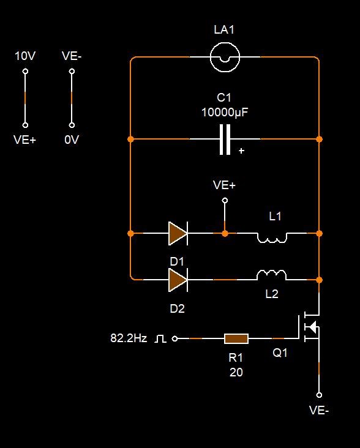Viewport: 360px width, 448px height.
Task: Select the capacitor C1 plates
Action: coord(225,140)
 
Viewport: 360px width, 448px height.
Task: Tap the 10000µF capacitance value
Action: coord(225,112)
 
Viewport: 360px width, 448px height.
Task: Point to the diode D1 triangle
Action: coord(178,233)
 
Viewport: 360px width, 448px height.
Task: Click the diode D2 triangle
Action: coord(178,280)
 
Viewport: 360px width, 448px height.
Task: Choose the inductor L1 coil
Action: coord(272,237)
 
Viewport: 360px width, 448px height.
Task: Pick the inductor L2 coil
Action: coord(272,275)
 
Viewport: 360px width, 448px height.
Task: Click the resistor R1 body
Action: coord(236,338)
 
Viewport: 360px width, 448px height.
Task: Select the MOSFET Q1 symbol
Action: coord(309,327)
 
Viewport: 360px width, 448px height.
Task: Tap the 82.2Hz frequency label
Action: coord(129,338)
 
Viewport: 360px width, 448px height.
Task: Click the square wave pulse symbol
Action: coord(160,339)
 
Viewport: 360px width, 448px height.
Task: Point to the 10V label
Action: coord(25,56)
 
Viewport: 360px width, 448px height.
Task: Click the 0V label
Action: coord(72,140)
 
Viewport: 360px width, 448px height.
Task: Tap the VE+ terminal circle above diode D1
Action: coord(225,200)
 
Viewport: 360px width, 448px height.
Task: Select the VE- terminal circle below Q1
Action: coord(319,395)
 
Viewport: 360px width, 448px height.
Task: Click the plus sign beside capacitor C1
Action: coord(241,151)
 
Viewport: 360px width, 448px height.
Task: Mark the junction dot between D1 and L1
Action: coord(225,233)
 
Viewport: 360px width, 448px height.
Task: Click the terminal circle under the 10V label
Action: coord(25,71)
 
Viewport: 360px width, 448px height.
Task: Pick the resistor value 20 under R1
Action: coord(236,372)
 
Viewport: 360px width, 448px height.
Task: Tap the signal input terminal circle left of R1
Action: coord(175,338)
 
